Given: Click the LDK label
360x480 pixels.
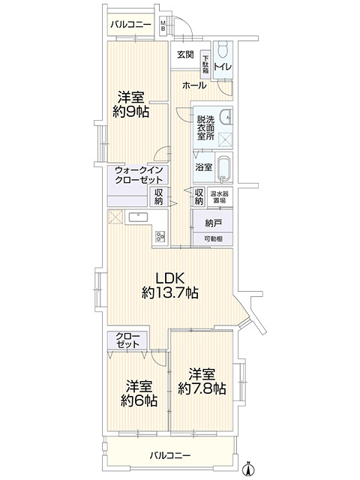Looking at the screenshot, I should tap(170, 278).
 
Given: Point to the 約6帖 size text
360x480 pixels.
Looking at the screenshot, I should tap(139, 400).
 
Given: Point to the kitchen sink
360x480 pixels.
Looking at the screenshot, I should tap(139, 218).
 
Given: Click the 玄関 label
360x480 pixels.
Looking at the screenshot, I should tap(186, 55).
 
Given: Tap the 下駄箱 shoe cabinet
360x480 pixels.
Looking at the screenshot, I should tap(205, 62).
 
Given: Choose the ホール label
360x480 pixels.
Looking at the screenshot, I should tap(193, 85).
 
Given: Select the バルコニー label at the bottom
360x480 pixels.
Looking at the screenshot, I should tap(169, 455).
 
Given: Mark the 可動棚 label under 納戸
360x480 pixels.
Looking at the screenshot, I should tap(214, 238).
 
